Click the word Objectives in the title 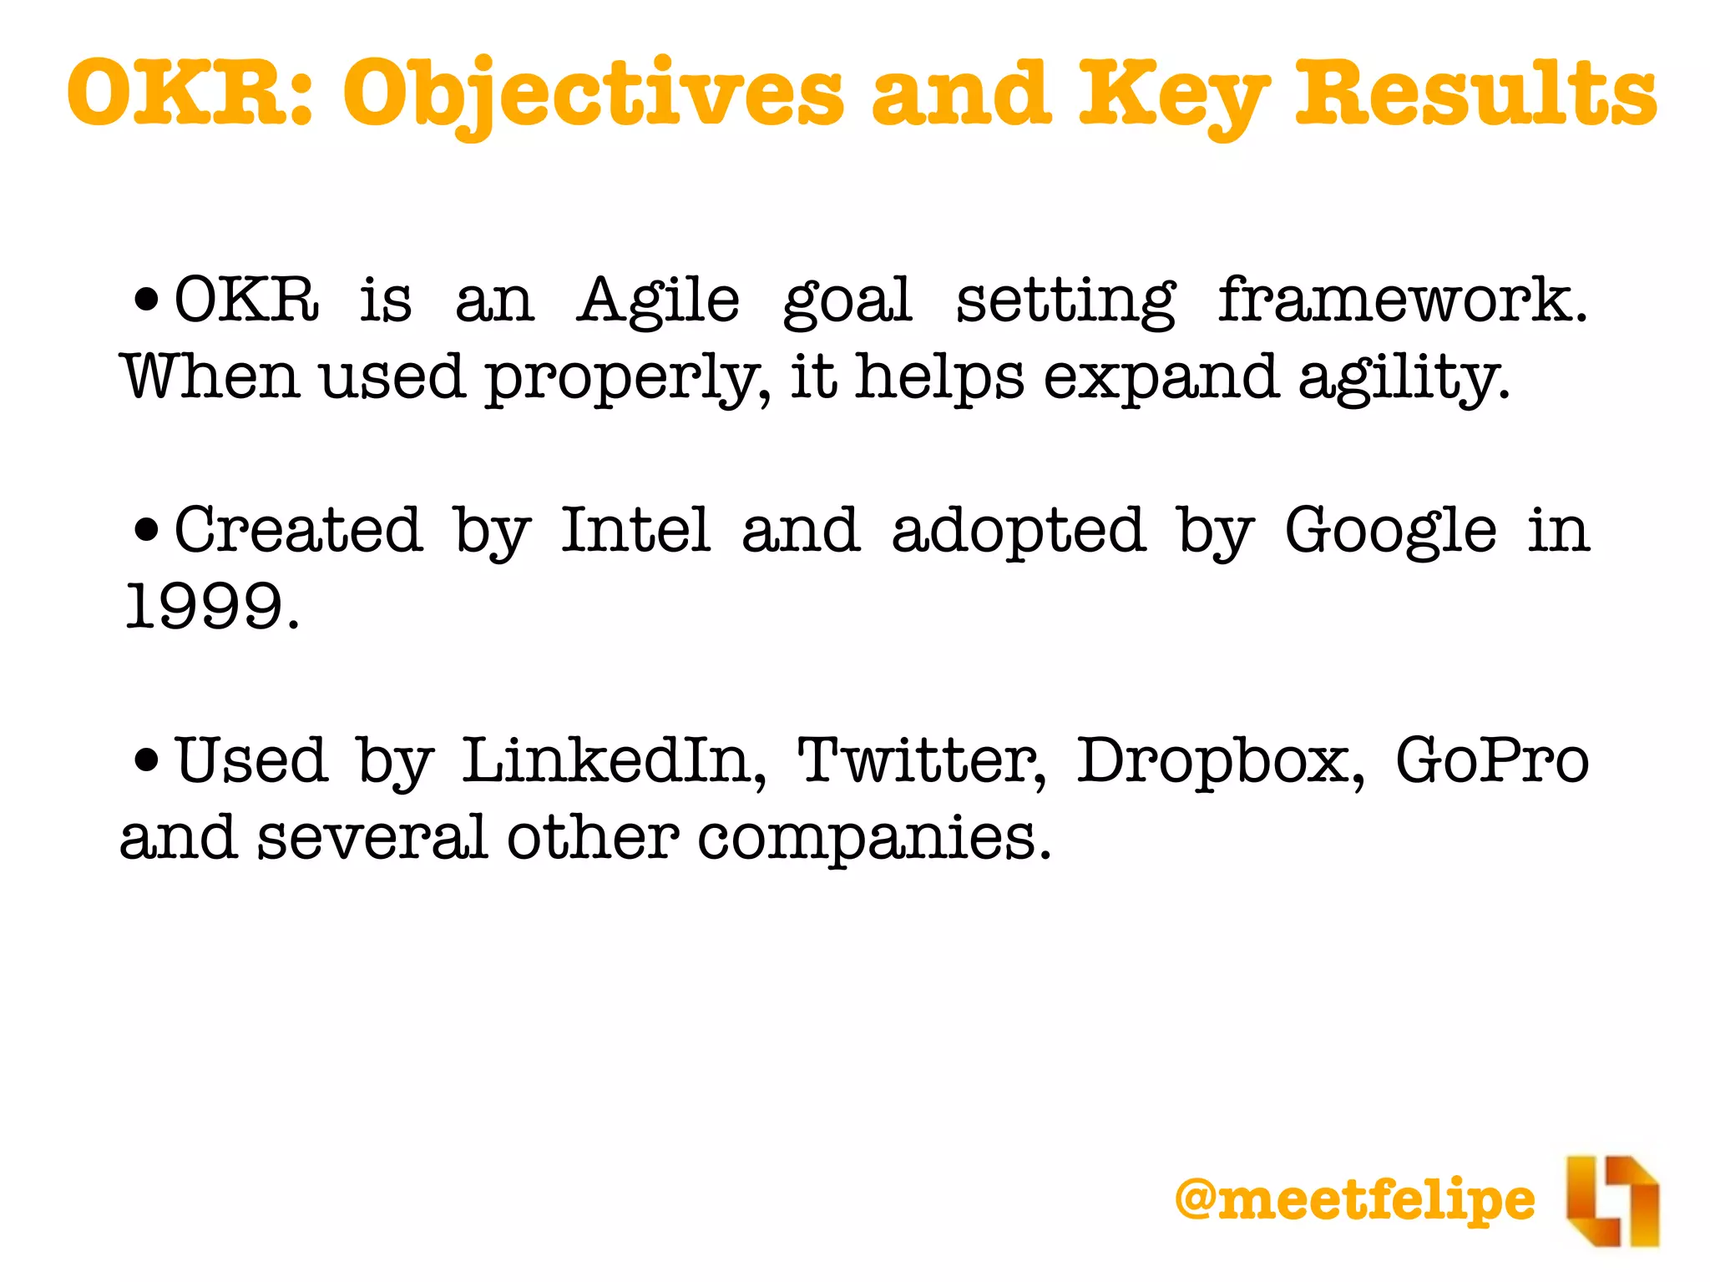pos(594,94)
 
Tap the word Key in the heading pos(1173,94)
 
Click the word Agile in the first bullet pos(658,300)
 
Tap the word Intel pos(635,530)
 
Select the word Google pos(1390,532)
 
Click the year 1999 pos(210,606)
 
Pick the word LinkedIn pos(613,761)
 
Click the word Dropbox pos(1220,761)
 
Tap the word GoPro pos(1492,760)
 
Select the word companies pos(873,837)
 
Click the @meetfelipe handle pos(1354,1199)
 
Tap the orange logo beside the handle pos(1611,1200)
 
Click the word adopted pos(1018,530)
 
